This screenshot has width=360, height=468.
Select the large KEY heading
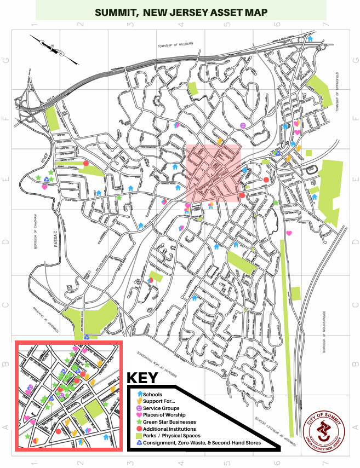tap(142, 378)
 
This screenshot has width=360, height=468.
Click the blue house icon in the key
tap(139, 394)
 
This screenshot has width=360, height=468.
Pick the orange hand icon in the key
tap(139, 401)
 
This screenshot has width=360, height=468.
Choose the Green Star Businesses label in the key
tap(169, 422)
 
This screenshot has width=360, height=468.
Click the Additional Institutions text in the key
tap(171, 429)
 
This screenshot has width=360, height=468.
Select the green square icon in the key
tap(139, 436)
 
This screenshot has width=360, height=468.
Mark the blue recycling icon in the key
tap(139, 443)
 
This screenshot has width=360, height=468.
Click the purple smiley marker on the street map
tap(243, 126)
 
